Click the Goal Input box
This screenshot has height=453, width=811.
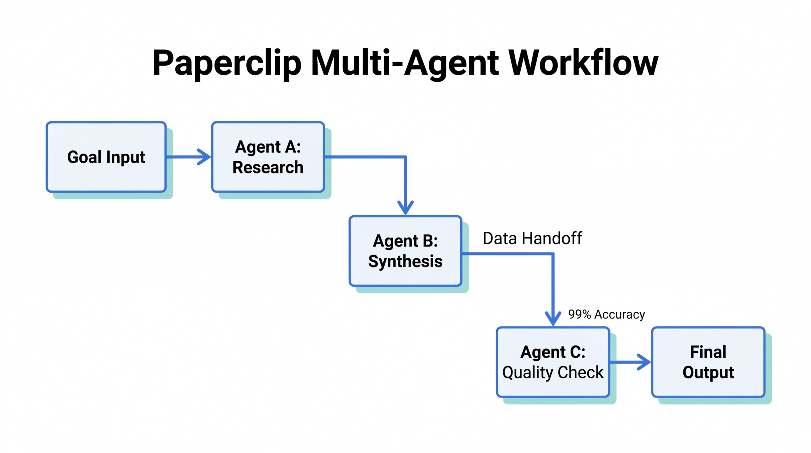coord(106,157)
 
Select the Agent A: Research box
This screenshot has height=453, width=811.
coord(268,157)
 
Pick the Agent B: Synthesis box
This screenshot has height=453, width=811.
coord(405,251)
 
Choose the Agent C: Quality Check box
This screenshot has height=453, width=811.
coord(553,362)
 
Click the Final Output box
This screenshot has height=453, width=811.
coord(708,362)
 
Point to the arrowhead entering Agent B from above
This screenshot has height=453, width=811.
coord(405,209)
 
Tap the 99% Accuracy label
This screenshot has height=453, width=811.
coord(606,314)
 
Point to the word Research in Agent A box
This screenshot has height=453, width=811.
coord(268,167)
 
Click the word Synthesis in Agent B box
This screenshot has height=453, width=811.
coord(405,262)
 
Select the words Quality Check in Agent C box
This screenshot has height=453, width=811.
coord(553,372)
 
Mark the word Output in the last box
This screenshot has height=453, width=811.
coord(708,372)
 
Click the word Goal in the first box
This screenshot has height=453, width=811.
coord(84,157)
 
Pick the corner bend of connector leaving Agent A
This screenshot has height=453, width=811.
coord(405,157)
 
